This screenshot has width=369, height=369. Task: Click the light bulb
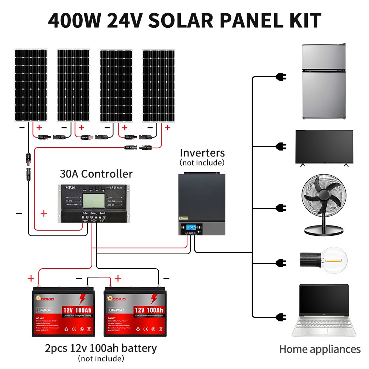pos(325,261)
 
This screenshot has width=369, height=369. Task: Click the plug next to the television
pos(281,146)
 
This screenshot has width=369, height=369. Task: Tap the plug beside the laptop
pos(281,316)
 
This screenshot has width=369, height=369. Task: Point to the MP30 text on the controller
pos(72,188)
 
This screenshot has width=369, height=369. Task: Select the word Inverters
pos(202,153)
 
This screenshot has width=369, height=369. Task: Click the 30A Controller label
pos(96,174)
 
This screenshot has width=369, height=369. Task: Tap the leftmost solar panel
pos(31,85)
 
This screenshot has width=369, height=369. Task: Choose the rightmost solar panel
pos(159,85)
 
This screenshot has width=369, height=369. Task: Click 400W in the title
pos(73,21)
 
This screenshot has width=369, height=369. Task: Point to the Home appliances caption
pos(320,349)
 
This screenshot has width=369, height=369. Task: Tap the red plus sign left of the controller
pos(44,213)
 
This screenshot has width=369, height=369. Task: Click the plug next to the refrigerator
pos(281,77)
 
